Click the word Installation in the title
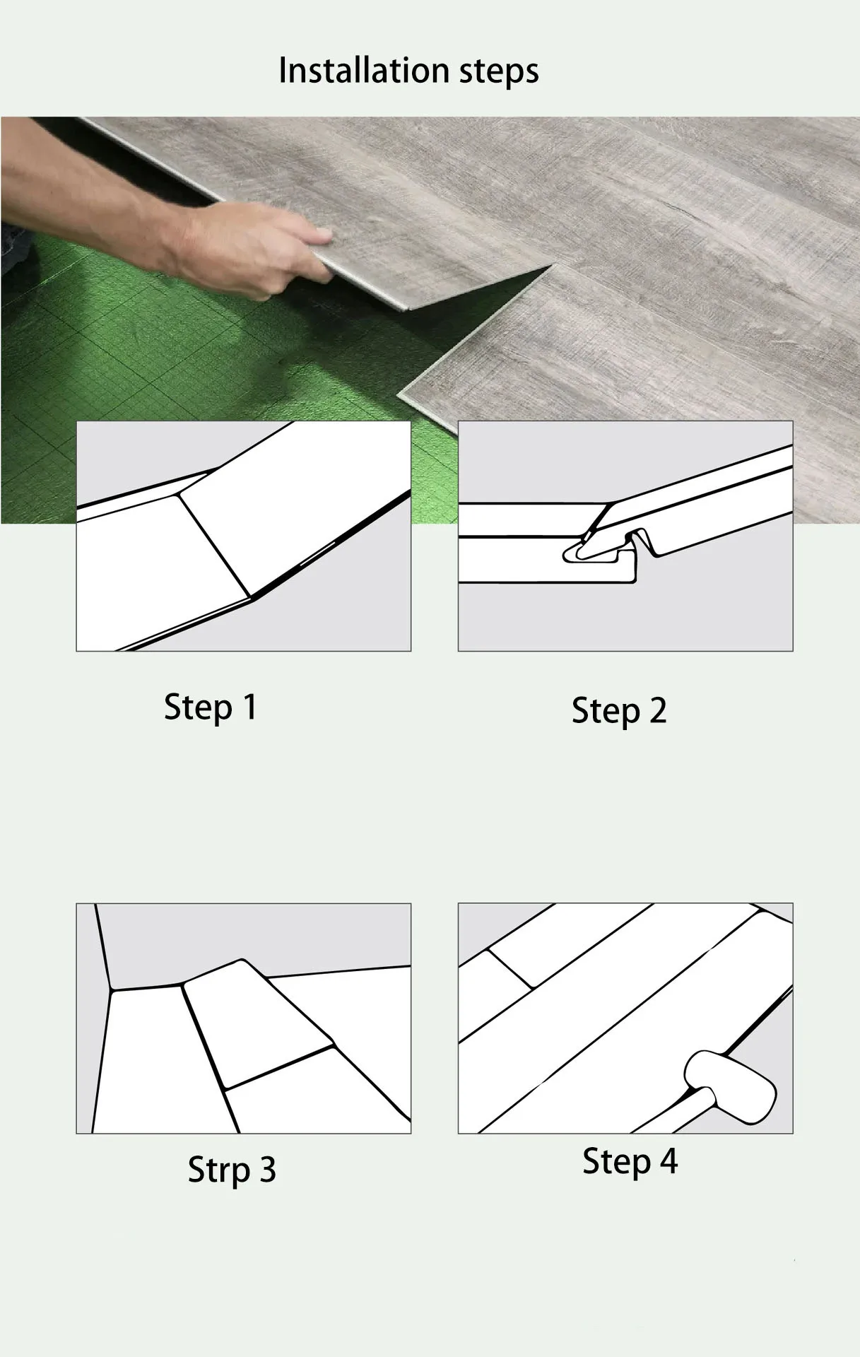(x=363, y=71)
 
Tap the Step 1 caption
(x=210, y=707)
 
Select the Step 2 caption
(x=618, y=711)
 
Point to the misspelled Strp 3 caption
(x=231, y=1170)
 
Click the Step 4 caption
(x=629, y=1161)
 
